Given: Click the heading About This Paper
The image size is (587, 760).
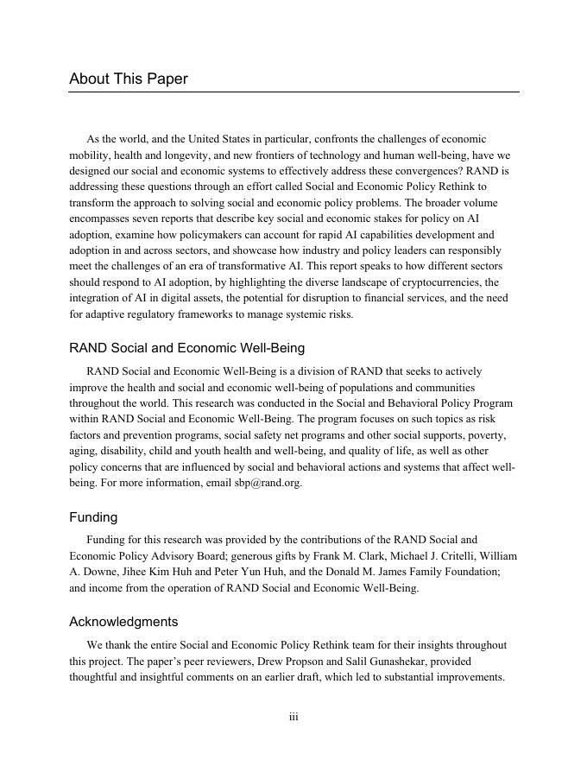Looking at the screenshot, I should point(129,79).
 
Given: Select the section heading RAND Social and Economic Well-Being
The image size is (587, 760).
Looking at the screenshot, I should point(186,348).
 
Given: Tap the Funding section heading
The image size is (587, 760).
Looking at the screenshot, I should point(93,517).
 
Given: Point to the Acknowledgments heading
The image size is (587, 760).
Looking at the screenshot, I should point(123,621).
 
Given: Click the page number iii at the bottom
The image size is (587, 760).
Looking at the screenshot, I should point(293,717).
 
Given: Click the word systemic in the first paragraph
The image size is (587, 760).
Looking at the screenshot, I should point(299,314).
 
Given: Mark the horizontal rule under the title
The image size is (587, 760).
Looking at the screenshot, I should point(293,92).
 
